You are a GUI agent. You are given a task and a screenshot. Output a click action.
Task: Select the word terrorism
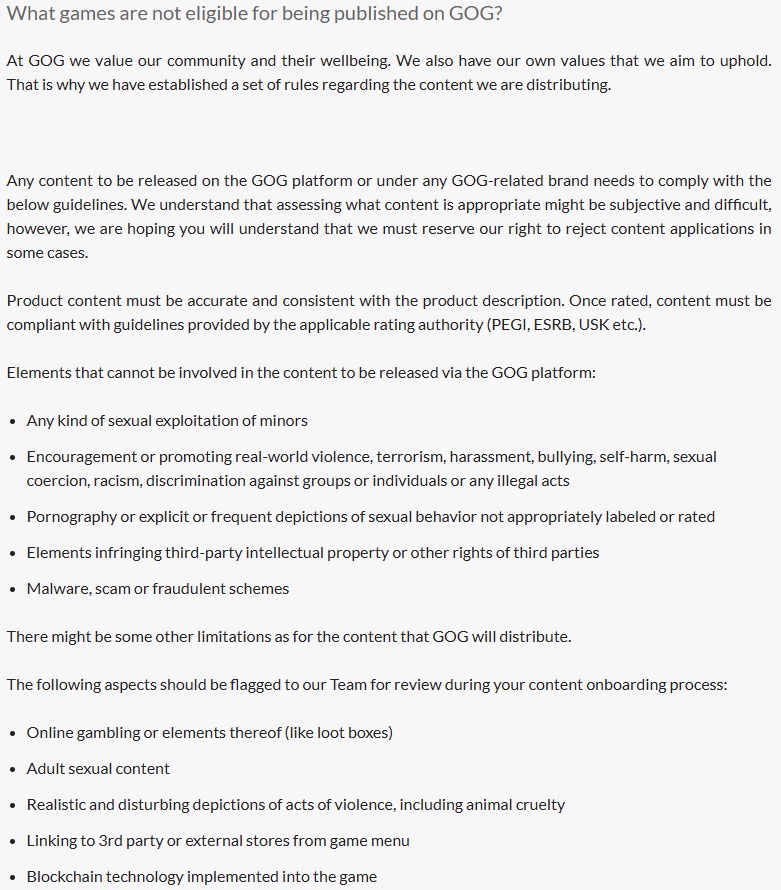coord(410,456)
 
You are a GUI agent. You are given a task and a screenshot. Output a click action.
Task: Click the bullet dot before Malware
coord(13,589)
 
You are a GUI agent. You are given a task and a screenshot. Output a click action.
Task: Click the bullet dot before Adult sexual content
coord(13,769)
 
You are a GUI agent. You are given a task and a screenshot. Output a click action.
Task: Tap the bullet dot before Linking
coord(13,841)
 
